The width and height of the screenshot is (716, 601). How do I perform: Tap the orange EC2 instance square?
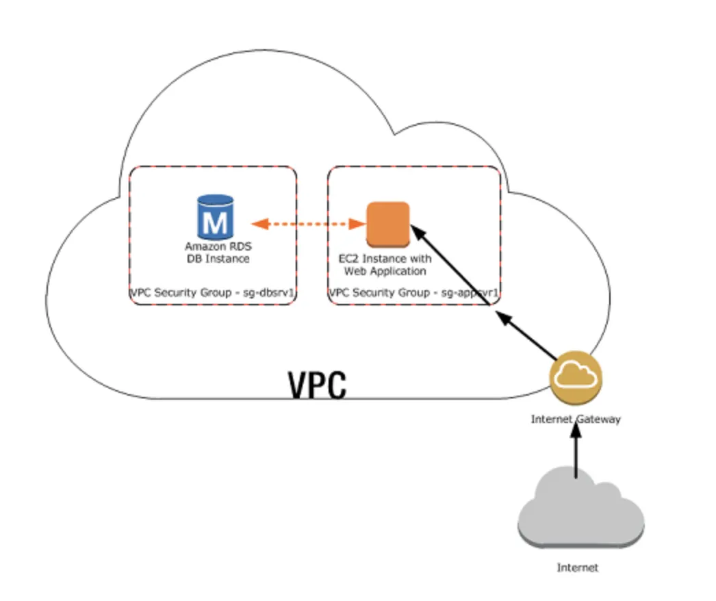pos(388,224)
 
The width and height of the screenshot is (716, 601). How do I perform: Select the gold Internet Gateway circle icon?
pos(576,377)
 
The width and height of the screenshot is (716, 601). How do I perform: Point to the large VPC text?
pos(317,385)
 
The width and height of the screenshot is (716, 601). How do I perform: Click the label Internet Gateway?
pos(576,419)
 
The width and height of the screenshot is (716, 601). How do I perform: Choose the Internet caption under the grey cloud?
pos(577,567)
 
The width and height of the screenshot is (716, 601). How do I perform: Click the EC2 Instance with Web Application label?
pos(385,265)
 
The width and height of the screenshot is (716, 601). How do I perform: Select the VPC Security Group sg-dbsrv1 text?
pos(212,293)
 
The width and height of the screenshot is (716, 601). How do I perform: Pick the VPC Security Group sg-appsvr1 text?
pos(413,293)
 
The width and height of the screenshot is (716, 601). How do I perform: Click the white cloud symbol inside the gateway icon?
pos(576,375)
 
